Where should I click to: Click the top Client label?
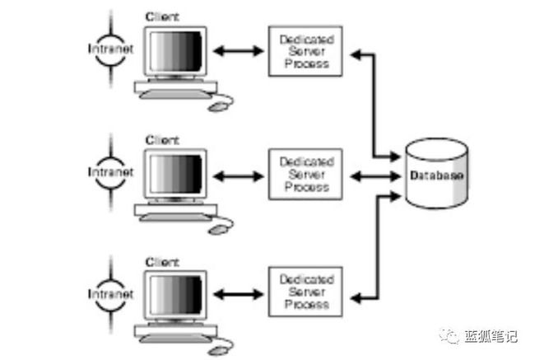pos(162,16)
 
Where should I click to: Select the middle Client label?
pos(162,140)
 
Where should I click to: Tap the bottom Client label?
pos(162,262)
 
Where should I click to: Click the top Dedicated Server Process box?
pos(305,51)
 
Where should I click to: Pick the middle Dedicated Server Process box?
pos(305,174)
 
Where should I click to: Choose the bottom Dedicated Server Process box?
pos(305,292)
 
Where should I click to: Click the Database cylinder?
pos(437,174)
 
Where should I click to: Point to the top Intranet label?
pos(110,49)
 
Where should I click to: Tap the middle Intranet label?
pos(110,172)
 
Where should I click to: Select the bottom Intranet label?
pos(110,294)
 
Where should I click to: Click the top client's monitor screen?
pos(175,52)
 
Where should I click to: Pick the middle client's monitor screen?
pos(175,174)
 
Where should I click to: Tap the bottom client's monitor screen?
pos(175,296)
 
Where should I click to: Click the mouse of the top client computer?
pos(217,107)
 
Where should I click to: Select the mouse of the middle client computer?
pos(217,230)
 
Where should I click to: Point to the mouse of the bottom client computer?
pos(217,351)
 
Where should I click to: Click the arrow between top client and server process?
pos(239,51)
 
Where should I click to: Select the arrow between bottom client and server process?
pos(239,294)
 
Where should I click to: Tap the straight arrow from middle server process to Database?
pos(375,176)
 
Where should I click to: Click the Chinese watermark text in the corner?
pos(491,337)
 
